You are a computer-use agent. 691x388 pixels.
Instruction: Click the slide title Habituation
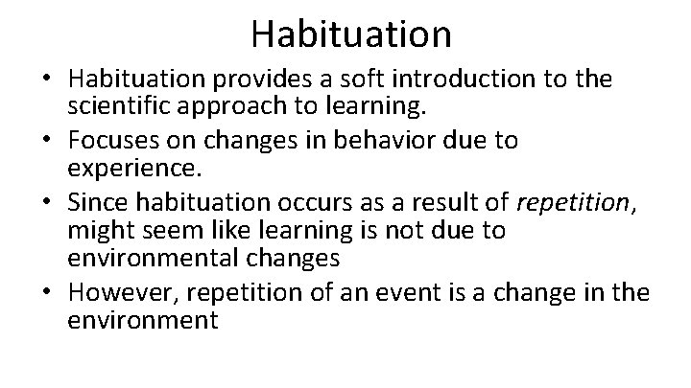click(x=350, y=34)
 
